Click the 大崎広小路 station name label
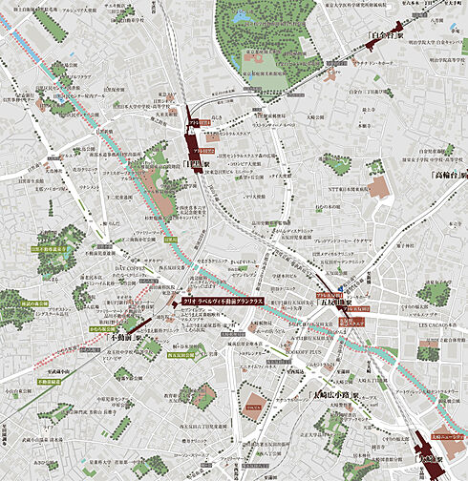[x=334, y=393]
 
